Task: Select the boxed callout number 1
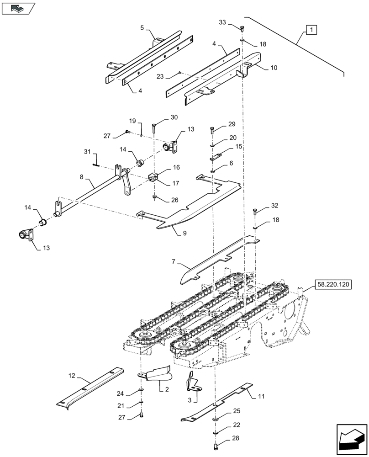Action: point(311,31)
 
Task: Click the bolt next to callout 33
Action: point(242,29)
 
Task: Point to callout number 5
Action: point(142,28)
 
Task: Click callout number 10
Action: point(274,67)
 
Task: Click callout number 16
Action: point(163,168)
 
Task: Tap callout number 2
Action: point(167,389)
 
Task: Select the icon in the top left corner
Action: point(18,7)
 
